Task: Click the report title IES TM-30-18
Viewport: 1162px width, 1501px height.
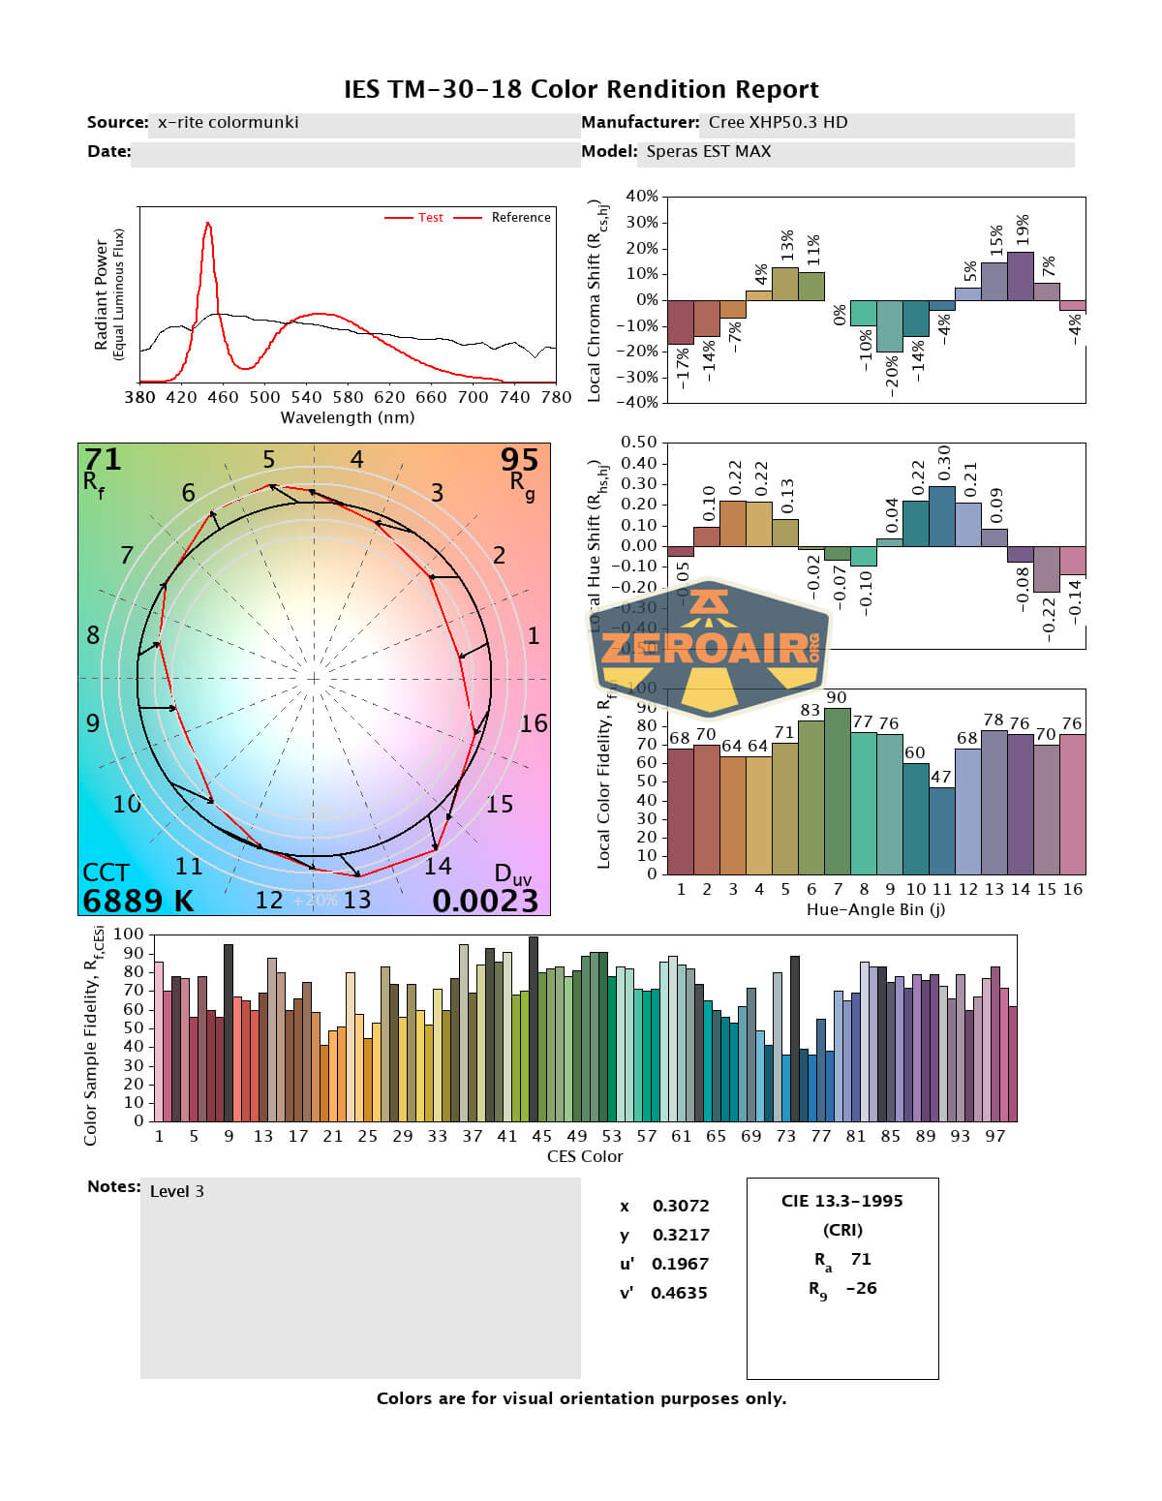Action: pyautogui.click(x=581, y=89)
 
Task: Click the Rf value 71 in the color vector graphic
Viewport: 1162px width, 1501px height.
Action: pyautogui.click(x=103, y=459)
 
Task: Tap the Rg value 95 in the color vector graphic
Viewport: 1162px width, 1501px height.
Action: pyautogui.click(x=519, y=459)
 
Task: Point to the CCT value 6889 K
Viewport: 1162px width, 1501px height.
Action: pyautogui.click(x=138, y=901)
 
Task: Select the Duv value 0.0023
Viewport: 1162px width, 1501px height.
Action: pyautogui.click(x=484, y=901)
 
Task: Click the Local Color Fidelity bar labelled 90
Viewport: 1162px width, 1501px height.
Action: pyautogui.click(x=837, y=790)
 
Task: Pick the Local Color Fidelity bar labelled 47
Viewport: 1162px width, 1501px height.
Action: pyautogui.click(x=941, y=830)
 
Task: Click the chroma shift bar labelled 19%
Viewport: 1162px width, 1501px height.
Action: pyautogui.click(x=1021, y=276)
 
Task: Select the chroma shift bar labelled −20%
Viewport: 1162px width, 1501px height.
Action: pyautogui.click(x=889, y=325)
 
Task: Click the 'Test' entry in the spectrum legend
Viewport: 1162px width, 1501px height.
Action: pyautogui.click(x=430, y=218)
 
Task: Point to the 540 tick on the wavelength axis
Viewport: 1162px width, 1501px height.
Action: pyautogui.click(x=306, y=397)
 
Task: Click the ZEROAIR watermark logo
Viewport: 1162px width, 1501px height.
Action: pyautogui.click(x=711, y=647)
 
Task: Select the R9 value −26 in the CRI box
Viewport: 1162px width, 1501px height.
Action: pyautogui.click(x=861, y=1288)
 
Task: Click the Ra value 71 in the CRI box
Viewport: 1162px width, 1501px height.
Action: pyautogui.click(x=861, y=1259)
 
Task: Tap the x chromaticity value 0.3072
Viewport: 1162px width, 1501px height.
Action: pyautogui.click(x=680, y=1206)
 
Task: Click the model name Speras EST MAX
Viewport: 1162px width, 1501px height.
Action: pyautogui.click(x=709, y=151)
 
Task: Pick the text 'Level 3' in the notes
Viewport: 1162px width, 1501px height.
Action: pyautogui.click(x=176, y=1191)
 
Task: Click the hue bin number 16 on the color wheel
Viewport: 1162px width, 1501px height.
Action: pyautogui.click(x=534, y=723)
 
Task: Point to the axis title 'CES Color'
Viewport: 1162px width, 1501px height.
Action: pyautogui.click(x=585, y=1156)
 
